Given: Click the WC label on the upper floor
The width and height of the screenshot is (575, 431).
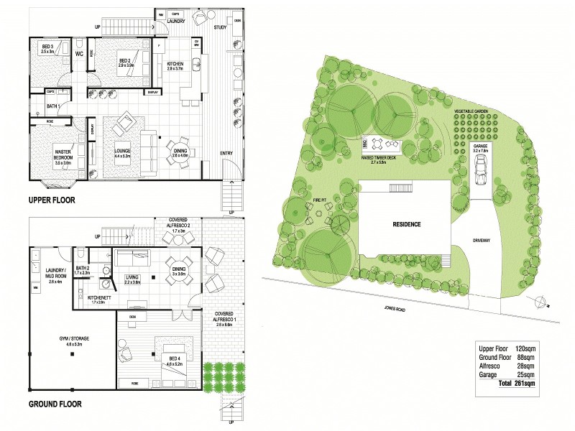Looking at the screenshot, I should (x=80, y=52).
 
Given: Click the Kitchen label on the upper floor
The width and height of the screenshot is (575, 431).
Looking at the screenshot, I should (x=175, y=66).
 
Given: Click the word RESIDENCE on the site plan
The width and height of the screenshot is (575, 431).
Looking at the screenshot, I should (x=406, y=224).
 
